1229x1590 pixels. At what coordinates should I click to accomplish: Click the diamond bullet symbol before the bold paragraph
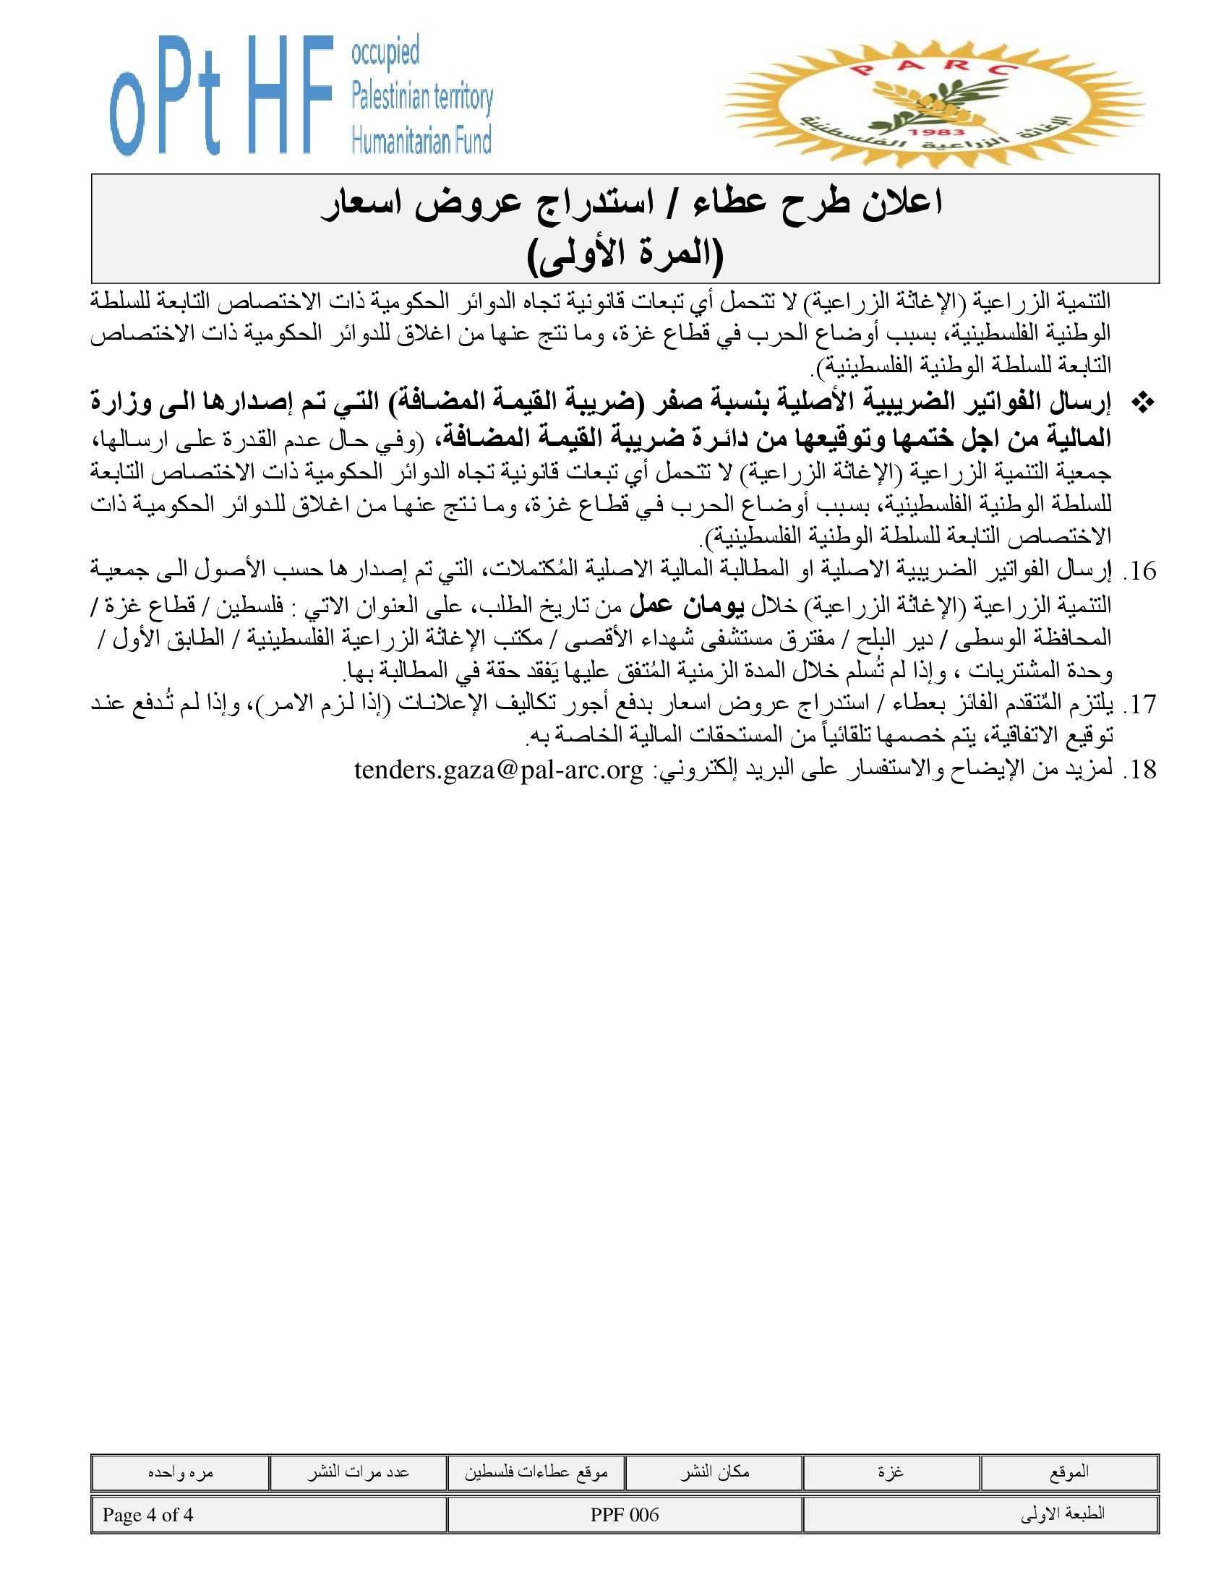pos(1144,403)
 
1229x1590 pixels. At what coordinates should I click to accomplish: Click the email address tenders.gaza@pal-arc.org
pos(499,770)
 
